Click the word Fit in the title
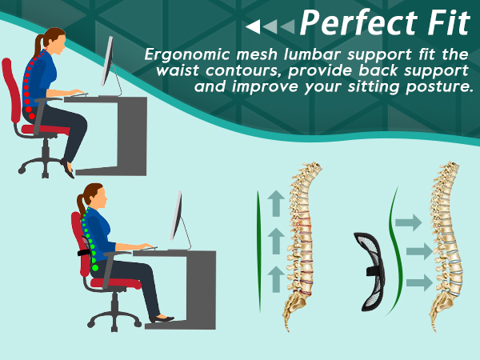444,23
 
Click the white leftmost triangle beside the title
253,27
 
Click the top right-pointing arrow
407,222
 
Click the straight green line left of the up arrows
258,252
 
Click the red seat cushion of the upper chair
45,128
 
